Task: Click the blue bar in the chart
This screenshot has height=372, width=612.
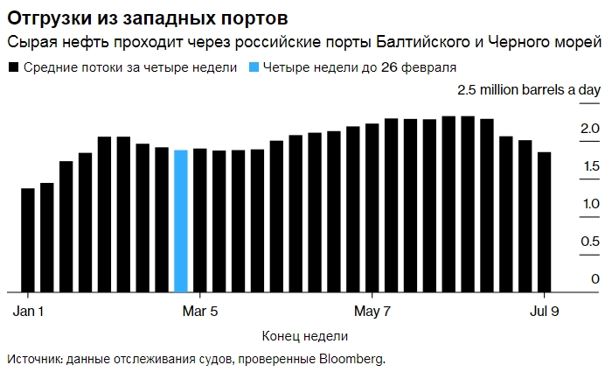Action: click(x=181, y=221)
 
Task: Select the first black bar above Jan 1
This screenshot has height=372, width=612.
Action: click(x=27, y=240)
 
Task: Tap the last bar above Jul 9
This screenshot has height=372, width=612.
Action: click(x=544, y=222)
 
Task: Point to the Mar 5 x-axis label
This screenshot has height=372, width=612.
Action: click(x=200, y=311)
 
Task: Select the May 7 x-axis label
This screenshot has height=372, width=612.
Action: click(x=372, y=311)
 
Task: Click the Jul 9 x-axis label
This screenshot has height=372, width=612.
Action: click(x=545, y=311)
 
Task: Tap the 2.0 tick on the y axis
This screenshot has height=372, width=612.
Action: click(x=588, y=130)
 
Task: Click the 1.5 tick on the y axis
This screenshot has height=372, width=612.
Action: click(x=588, y=166)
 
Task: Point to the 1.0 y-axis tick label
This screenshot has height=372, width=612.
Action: click(x=588, y=204)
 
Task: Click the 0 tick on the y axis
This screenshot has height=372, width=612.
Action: click(x=595, y=278)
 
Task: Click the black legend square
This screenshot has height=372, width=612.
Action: click(x=12, y=67)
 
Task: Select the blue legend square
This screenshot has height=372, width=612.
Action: click(x=254, y=67)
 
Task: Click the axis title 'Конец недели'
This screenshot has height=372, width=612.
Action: click(x=304, y=336)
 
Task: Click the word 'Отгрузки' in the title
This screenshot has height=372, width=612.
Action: click(x=43, y=18)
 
